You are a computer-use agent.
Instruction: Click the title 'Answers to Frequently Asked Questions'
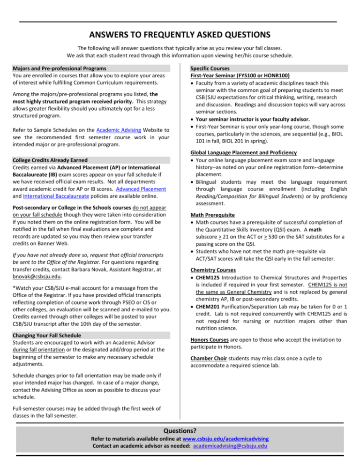coord(180,35)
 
